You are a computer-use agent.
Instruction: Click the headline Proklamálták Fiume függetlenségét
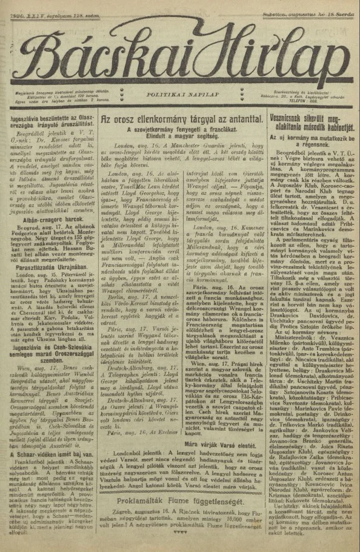click(180, 503)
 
